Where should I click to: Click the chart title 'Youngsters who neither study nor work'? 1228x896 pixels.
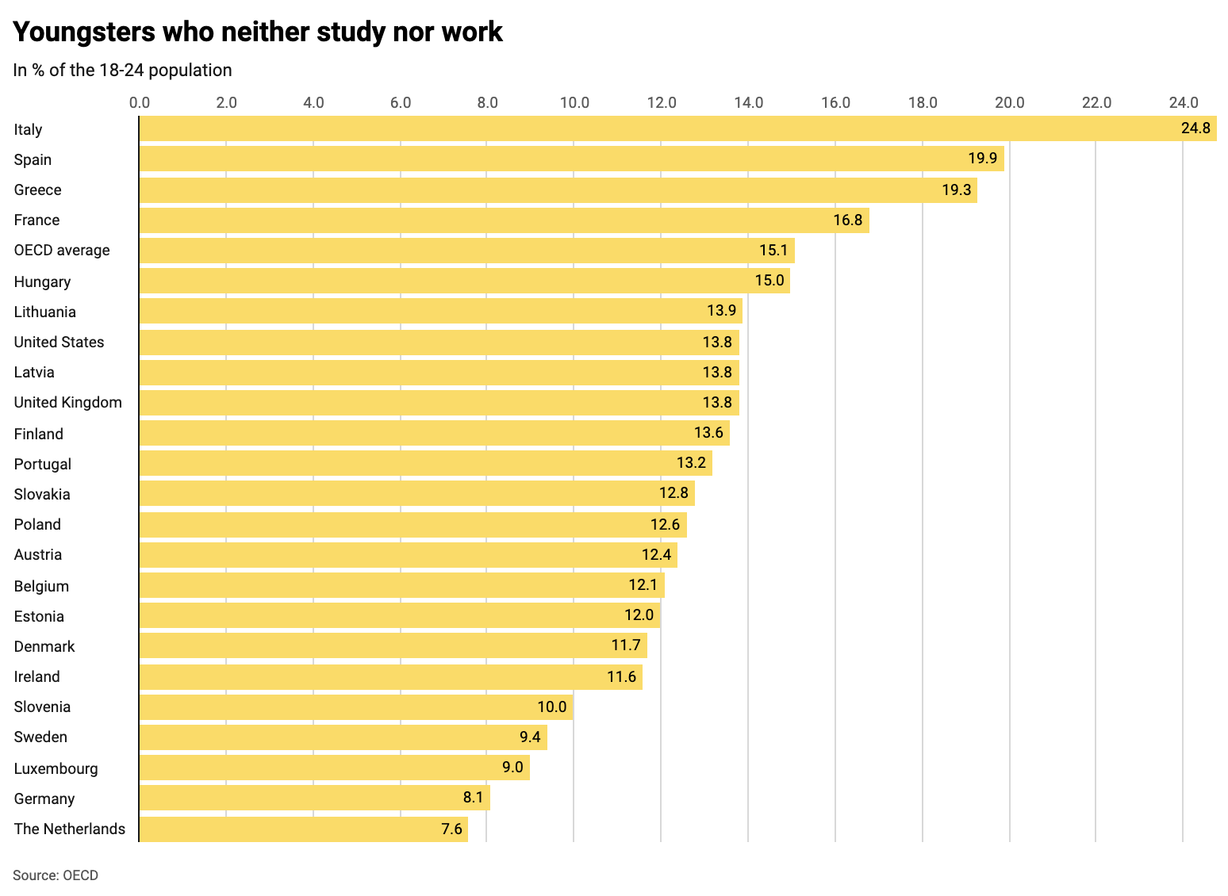258,33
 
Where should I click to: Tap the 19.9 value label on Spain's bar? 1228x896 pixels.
982,159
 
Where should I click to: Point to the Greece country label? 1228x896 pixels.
37,190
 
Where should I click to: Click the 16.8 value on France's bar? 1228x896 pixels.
847,220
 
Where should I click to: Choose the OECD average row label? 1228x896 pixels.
62,251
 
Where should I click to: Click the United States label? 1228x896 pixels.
59,343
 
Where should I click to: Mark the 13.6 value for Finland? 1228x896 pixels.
708,433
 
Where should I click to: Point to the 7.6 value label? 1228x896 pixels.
451,829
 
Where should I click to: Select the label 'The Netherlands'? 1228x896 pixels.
70,829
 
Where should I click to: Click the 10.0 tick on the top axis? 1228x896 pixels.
574,102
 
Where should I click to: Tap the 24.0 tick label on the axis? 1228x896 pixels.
1184,102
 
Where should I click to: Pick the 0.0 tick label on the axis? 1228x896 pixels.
139,102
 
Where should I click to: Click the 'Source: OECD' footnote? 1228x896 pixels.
56,876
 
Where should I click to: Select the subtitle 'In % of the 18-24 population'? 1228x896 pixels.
123,71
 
